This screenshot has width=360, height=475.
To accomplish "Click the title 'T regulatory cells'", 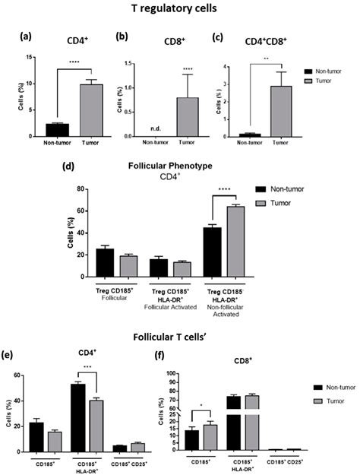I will (x=180, y=10).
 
